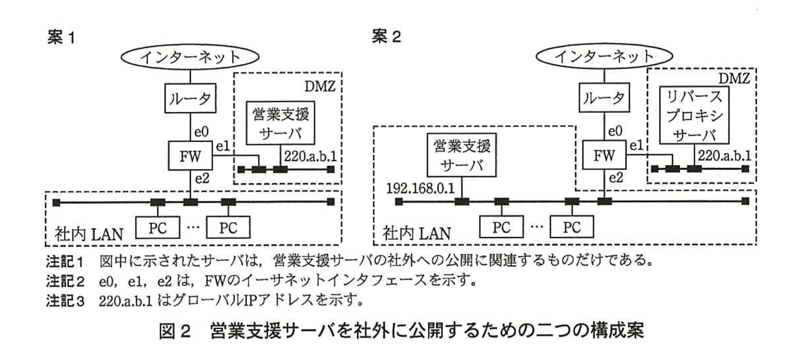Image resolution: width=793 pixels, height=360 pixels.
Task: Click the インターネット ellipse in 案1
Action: (190, 57)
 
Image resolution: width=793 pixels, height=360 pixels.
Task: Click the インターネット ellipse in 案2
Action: (604, 57)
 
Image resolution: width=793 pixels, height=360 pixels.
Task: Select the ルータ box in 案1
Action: (190, 99)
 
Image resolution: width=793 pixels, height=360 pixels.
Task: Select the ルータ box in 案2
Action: (604, 99)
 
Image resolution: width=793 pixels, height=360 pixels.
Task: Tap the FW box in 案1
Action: (190, 156)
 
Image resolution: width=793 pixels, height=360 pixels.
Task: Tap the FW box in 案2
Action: (604, 156)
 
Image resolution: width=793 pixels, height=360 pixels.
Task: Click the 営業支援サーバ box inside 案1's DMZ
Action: (280, 122)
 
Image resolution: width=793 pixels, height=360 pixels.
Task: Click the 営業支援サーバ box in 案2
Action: (462, 155)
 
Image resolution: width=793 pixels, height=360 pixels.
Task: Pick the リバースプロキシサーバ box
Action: (694, 116)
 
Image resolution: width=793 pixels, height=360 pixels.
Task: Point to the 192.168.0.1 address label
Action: (420, 188)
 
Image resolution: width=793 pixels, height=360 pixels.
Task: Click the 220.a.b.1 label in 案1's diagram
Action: (310, 156)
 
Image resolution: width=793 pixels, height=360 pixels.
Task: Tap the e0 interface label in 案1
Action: (201, 131)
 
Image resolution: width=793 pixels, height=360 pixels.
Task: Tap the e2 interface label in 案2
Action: (616, 178)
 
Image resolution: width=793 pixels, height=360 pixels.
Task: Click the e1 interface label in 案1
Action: (223, 146)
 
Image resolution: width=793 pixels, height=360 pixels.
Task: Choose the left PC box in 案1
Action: (157, 227)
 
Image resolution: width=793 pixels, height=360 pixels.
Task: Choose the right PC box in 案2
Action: (571, 227)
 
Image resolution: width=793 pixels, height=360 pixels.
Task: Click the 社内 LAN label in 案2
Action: (416, 234)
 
